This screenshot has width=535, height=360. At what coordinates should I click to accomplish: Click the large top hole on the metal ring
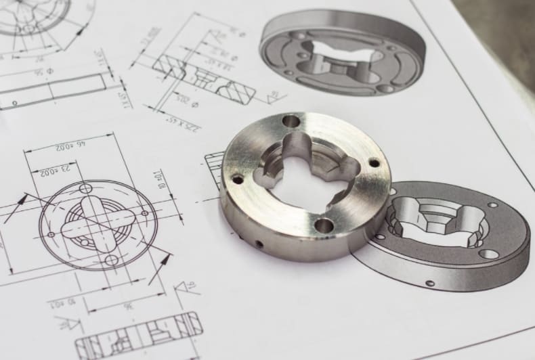(x=291, y=121)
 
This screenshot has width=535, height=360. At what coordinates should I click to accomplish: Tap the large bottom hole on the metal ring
(x=324, y=225)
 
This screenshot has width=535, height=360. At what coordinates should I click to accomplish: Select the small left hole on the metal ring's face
(x=237, y=179)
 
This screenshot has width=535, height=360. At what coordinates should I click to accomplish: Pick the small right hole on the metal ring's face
(x=374, y=162)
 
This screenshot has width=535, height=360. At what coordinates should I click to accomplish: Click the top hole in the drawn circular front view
(x=85, y=188)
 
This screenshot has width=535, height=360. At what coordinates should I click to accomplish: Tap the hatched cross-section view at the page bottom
(x=138, y=336)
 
